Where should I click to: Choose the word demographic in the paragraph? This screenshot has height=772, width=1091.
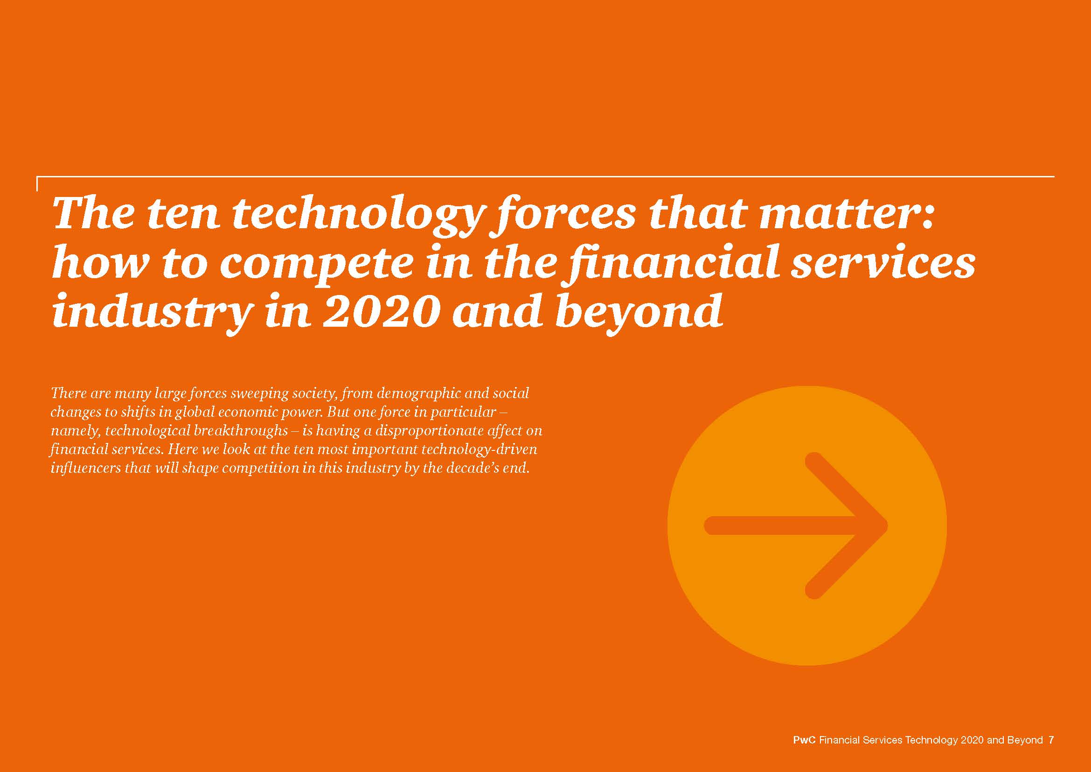[412, 394]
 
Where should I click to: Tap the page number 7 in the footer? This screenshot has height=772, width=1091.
[1051, 740]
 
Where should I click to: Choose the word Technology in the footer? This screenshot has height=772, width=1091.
[931, 741]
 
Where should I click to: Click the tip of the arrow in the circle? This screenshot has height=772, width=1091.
[887, 525]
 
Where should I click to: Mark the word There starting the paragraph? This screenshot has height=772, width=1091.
[68, 394]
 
